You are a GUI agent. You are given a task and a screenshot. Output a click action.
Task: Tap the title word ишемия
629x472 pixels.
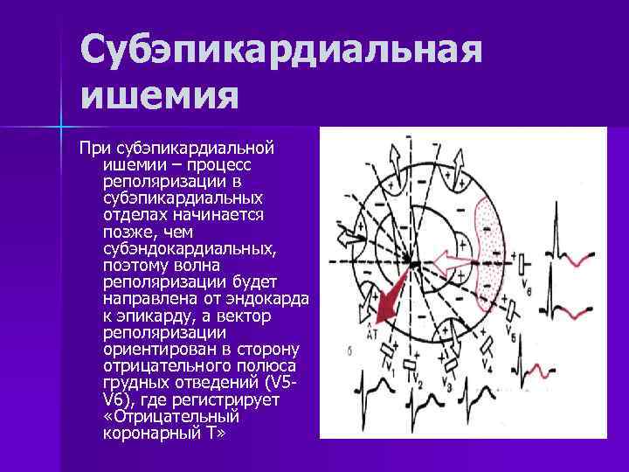coord(159,95)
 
